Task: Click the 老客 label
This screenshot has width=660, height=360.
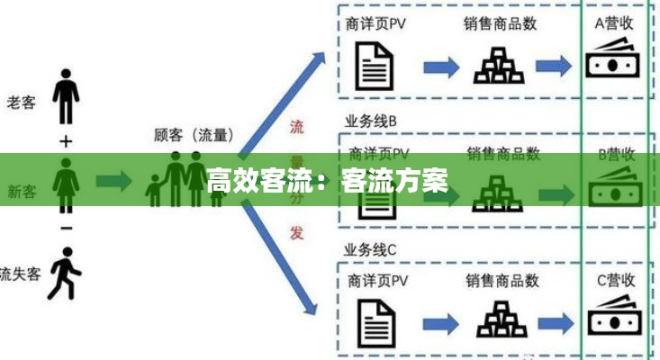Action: click(x=22, y=103)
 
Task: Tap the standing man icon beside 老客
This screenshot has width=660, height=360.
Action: click(x=66, y=94)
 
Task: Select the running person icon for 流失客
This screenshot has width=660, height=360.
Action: click(x=63, y=276)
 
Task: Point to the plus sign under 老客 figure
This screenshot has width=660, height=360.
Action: click(x=66, y=141)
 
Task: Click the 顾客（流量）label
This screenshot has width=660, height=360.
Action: click(x=194, y=135)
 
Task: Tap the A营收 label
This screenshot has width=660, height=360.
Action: click(x=614, y=24)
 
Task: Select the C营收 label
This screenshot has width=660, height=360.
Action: click(x=615, y=280)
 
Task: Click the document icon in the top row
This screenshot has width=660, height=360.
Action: click(x=376, y=66)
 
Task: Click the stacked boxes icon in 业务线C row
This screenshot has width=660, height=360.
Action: click(x=500, y=319)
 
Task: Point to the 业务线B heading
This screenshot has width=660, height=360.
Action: click(x=370, y=121)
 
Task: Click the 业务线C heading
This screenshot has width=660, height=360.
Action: click(x=370, y=248)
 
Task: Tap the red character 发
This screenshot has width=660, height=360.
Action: click(x=296, y=232)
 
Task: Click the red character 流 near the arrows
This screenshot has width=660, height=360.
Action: click(x=296, y=127)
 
